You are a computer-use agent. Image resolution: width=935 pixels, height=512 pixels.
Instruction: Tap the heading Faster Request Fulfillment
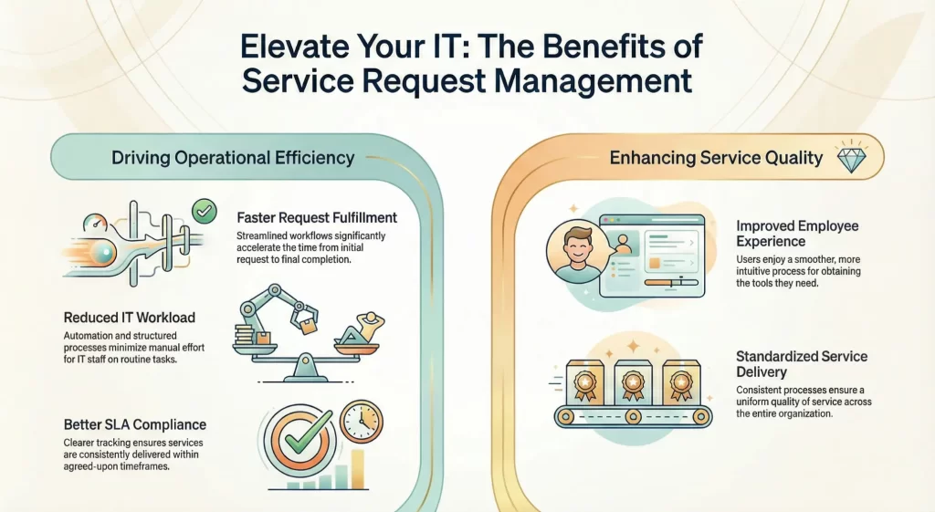[x=317, y=218]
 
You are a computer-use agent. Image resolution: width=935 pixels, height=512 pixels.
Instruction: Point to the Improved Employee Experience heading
[x=797, y=234]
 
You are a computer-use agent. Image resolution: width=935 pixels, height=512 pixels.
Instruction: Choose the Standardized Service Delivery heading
[x=801, y=364]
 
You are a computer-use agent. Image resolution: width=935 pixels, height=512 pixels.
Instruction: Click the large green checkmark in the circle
[x=302, y=441]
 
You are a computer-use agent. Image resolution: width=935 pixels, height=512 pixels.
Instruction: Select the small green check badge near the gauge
[x=204, y=213]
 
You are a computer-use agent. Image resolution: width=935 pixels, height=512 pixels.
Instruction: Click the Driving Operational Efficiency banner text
[x=232, y=158]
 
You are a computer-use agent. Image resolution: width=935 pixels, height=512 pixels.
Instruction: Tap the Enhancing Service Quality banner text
[x=716, y=158]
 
